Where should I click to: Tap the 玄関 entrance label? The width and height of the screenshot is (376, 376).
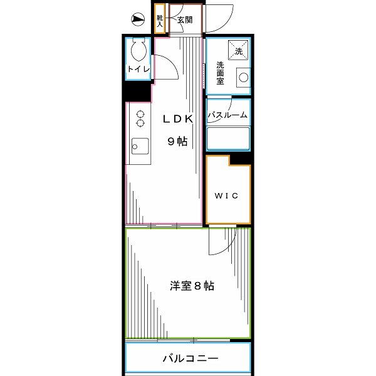tap(184, 20)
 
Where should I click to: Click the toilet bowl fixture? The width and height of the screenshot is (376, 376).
tap(137, 50)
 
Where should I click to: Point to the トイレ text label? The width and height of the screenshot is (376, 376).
tap(138, 70)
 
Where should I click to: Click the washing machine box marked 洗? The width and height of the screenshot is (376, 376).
tap(238, 50)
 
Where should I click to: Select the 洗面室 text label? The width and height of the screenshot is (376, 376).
tap(221, 73)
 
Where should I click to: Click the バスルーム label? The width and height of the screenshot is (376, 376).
tap(228, 115)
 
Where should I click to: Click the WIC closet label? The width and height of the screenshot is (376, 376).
tap(227, 196)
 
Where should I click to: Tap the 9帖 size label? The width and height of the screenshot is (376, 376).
tap(177, 142)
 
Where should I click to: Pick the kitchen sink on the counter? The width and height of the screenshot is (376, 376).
tap(138, 147)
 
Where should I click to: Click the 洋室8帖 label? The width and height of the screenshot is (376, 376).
tap(191, 286)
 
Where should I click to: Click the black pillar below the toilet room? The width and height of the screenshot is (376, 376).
tap(137, 91)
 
